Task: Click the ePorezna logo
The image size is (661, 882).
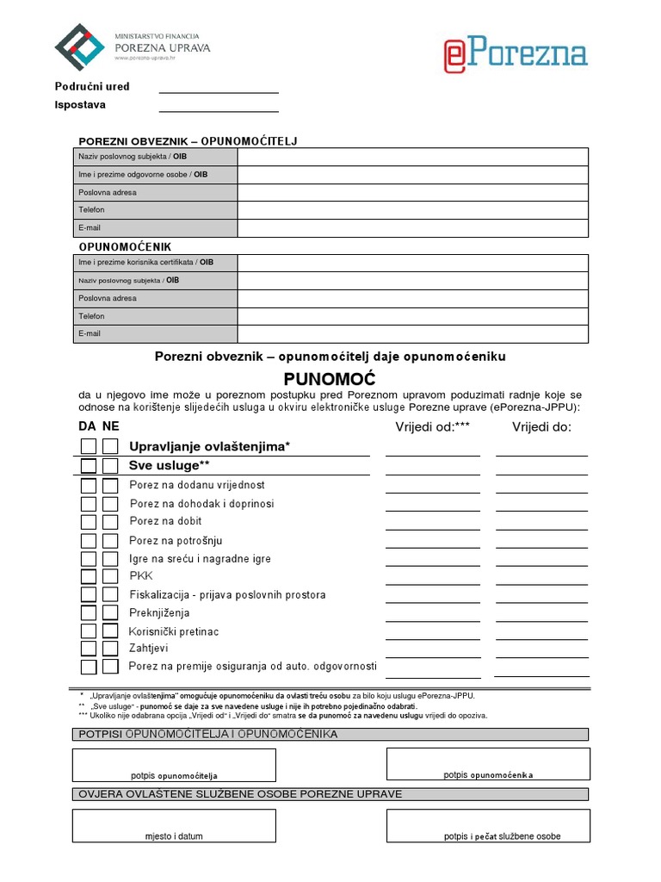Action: click(515, 53)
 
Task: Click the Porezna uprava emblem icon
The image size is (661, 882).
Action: click(79, 47)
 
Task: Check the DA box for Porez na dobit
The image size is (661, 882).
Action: click(89, 522)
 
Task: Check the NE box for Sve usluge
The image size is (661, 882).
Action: click(110, 466)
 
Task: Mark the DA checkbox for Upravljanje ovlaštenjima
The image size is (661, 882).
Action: click(89, 446)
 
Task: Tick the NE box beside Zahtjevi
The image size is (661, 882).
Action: click(110, 649)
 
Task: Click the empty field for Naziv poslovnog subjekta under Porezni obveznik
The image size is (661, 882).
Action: click(413, 157)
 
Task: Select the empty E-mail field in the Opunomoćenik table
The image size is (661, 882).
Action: click(413, 334)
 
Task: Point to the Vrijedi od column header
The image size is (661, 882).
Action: click(432, 426)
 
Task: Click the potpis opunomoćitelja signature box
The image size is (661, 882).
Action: click(174, 765)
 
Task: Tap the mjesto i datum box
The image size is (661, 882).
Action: click(174, 825)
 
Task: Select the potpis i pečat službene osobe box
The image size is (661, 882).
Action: click(488, 825)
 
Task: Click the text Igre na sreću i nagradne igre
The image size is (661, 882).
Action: click(200, 559)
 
